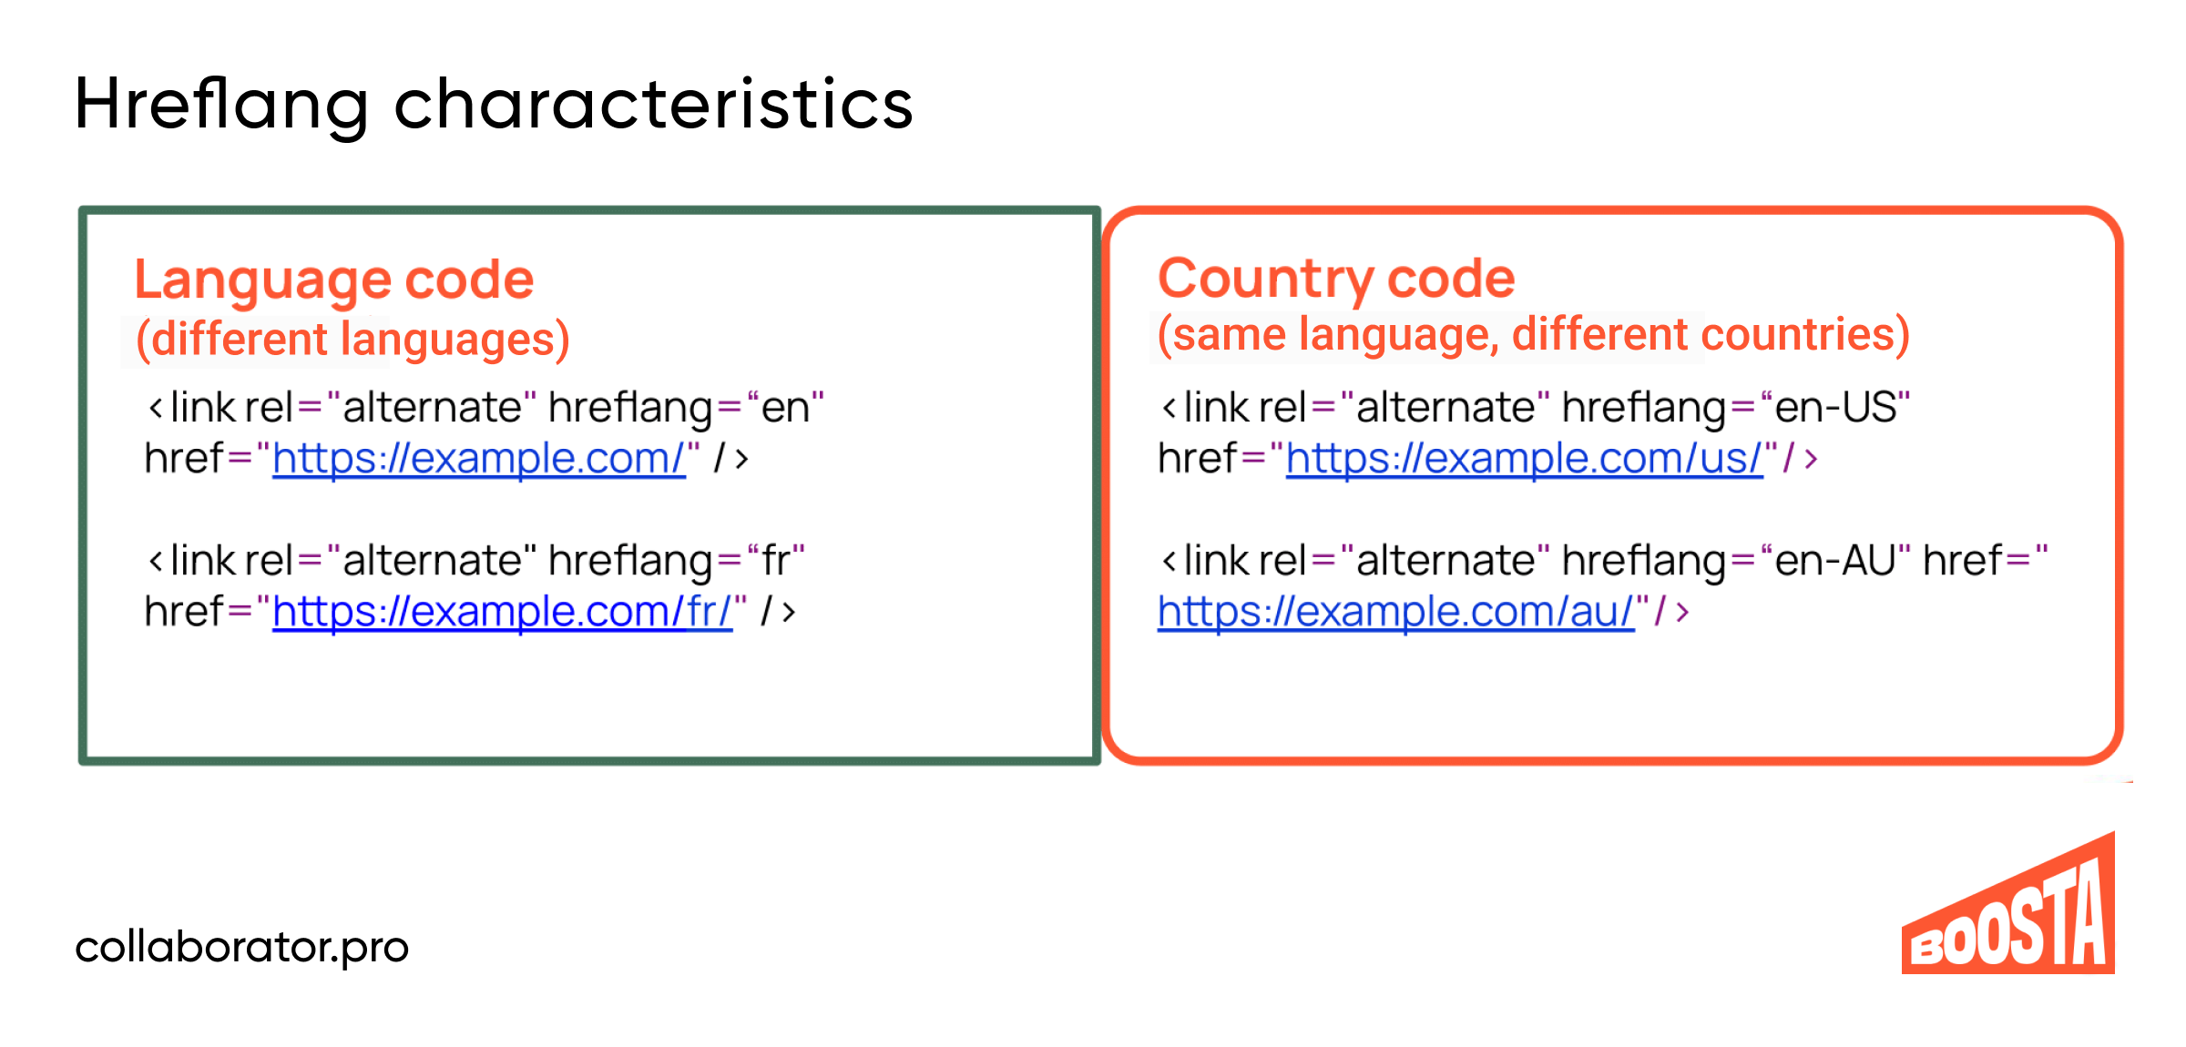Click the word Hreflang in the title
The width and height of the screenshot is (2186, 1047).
point(222,106)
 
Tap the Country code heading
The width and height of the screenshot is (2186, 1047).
point(1336,279)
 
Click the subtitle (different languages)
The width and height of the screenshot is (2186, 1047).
point(352,339)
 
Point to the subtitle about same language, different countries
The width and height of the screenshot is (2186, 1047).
point(1533,334)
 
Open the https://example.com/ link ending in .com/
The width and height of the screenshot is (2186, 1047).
point(479,458)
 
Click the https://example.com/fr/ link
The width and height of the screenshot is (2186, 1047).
point(503,611)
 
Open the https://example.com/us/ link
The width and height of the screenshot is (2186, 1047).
point(1525,458)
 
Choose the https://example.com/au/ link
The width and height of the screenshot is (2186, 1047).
point(1396,611)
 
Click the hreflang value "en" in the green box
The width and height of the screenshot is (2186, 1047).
point(785,407)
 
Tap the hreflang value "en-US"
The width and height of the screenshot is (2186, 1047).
point(1835,407)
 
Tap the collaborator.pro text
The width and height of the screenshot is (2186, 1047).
point(242,947)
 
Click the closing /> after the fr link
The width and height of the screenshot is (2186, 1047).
point(778,611)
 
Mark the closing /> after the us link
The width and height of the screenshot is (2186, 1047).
point(1800,458)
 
